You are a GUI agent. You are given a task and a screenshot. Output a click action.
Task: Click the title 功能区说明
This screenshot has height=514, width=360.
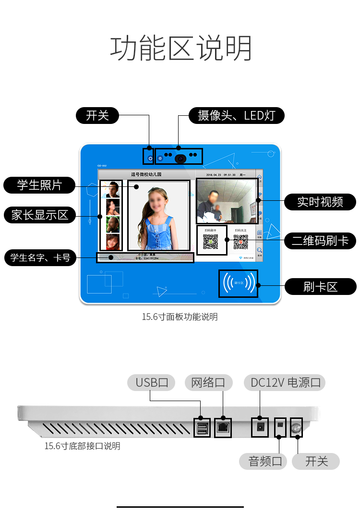pos(181,48)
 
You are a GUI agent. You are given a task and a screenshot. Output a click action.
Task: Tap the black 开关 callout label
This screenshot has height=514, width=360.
pos(97,116)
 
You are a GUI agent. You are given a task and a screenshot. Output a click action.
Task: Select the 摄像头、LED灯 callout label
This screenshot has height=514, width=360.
pos(236,116)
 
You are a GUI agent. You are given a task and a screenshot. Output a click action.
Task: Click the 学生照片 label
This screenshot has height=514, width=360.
pos(39,185)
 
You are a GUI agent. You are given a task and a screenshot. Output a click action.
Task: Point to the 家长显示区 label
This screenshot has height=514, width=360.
pos(39,215)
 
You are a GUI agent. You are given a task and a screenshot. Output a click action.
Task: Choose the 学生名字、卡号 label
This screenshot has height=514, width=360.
pos(40,258)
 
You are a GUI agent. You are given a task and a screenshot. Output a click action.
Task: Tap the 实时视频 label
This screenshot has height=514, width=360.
pos(320,202)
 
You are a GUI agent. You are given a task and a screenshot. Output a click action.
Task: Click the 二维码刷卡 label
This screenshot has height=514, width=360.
pos(320,240)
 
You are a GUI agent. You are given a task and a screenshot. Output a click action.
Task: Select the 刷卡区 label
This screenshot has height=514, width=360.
pos(320,287)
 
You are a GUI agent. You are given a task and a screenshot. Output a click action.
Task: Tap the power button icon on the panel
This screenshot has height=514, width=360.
pos(150,158)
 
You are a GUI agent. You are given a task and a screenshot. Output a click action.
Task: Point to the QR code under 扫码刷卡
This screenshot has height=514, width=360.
pos(210,242)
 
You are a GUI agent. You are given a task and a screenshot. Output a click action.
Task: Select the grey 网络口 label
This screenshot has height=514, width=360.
pos(208,383)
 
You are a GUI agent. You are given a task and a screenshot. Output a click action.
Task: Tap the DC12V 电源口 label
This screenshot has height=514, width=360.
pos(285,383)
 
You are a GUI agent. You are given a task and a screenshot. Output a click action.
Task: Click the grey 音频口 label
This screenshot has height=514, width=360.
pos(263,462)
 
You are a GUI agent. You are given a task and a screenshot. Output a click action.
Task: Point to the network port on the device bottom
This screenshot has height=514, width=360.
pos(223,427)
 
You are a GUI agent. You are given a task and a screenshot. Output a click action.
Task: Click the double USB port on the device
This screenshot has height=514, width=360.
pos(202,427)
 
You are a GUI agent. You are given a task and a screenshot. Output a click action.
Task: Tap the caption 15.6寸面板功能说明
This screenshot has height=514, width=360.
pos(180,317)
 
